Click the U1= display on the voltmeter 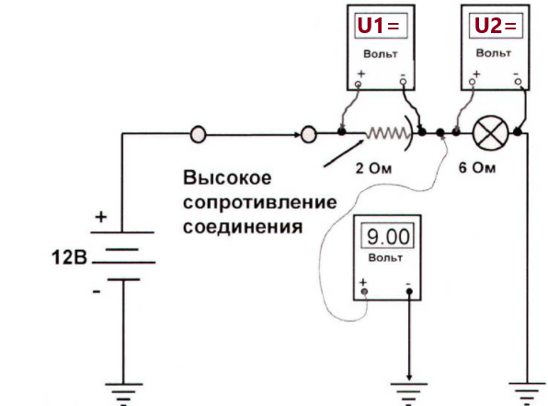(381, 26)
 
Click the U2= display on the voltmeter (496, 25)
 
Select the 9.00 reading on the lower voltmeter (388, 236)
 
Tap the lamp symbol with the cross (490, 133)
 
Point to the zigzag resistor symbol (386, 133)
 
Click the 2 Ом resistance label (373, 169)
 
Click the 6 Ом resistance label (477, 168)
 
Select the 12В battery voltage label (69, 258)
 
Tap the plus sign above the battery (101, 217)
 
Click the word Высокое (227, 177)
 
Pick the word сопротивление (260, 203)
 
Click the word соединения (243, 227)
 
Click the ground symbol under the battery (124, 394)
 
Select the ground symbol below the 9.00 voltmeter (408, 394)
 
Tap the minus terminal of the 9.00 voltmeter (409, 291)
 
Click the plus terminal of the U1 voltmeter (359, 85)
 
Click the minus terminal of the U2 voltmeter (518, 82)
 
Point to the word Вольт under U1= (381, 54)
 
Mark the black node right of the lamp (518, 132)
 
